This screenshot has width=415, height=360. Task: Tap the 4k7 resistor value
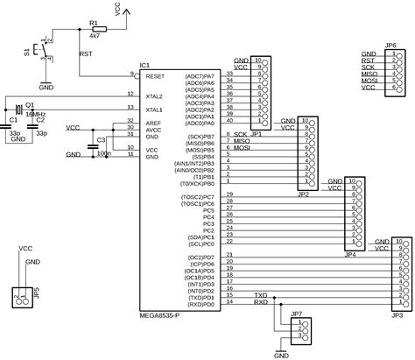click(x=95, y=38)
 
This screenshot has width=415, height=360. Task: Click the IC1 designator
click(x=145, y=66)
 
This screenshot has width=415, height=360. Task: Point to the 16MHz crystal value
click(x=36, y=114)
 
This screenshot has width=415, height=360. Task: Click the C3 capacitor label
click(x=101, y=139)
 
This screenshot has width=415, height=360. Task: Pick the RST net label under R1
click(x=85, y=53)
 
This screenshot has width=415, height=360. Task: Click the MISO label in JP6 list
click(x=369, y=74)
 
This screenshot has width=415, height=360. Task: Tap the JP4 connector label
click(x=350, y=254)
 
